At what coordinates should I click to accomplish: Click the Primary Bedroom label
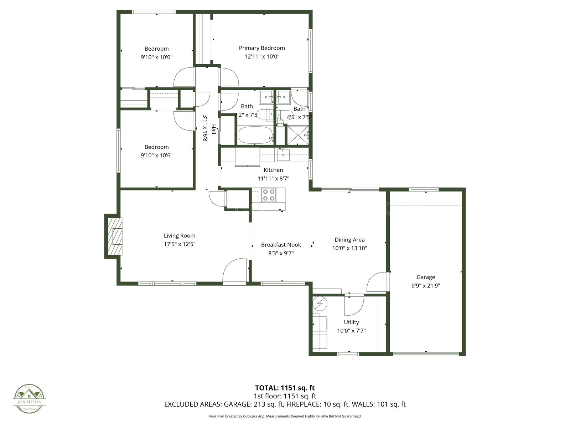(x=262, y=48)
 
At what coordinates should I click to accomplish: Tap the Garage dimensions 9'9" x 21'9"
(x=426, y=286)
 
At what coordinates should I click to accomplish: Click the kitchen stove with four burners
(x=268, y=195)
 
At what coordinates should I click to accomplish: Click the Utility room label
(x=351, y=322)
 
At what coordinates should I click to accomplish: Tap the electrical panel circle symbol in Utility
(x=320, y=304)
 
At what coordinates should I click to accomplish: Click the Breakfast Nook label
(x=281, y=245)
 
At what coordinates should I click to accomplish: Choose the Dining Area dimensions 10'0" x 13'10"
(x=349, y=248)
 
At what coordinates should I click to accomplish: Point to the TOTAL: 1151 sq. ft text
(x=285, y=388)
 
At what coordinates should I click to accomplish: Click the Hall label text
(x=213, y=129)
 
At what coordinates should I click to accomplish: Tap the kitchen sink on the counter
(x=283, y=153)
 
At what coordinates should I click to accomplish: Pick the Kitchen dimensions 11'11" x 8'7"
(x=273, y=179)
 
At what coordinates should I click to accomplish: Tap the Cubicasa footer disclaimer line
(x=285, y=416)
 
